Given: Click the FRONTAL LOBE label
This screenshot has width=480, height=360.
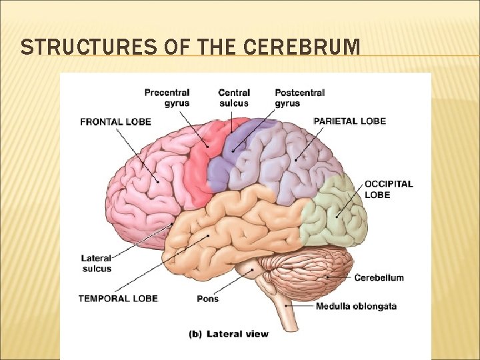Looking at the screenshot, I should pos(115,122).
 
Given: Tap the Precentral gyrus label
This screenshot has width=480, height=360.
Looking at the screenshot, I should pos(167,97).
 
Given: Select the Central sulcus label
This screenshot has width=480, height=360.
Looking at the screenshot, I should pos(233,97).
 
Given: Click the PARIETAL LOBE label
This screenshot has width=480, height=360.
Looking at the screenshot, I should pos(349,121).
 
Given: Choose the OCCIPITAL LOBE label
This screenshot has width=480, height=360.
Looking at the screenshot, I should pos(388,189).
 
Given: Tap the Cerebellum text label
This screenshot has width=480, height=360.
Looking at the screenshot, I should pos(379,277).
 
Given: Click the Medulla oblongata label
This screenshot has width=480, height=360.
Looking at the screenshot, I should pos(356,307).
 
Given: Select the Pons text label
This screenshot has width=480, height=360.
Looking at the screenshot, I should pos(207,299).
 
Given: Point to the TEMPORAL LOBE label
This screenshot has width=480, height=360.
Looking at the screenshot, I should pos(118,298).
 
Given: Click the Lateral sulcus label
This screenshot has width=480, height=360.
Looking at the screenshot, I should pos(96,263).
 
